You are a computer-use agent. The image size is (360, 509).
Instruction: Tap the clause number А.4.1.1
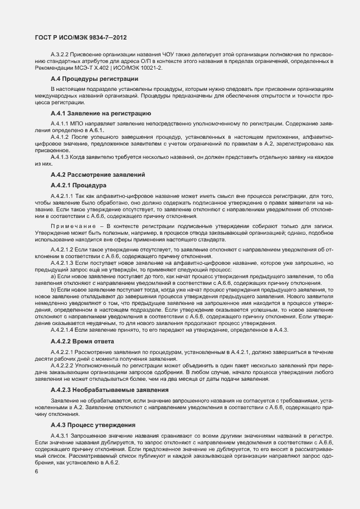click(x=60, y=123)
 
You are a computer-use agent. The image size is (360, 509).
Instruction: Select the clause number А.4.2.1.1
click(x=62, y=196)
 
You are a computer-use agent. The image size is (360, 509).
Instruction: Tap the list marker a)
click(x=53, y=276)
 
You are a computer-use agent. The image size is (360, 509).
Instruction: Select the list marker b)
click(x=53, y=290)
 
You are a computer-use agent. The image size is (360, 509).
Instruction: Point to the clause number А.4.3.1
click(x=60, y=435)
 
